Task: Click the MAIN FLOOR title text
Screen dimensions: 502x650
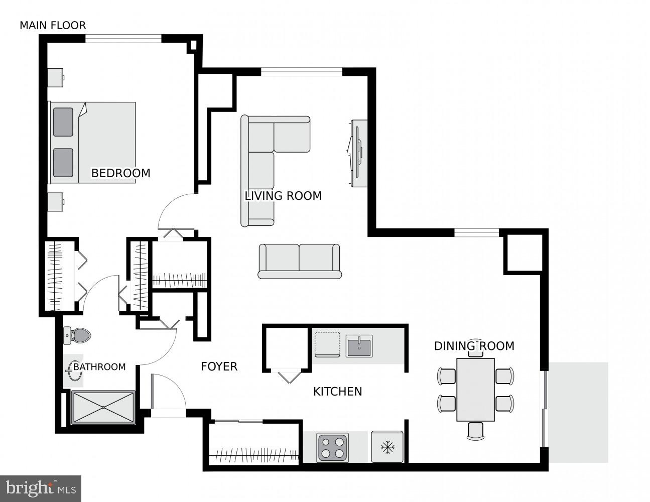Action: click(x=53, y=25)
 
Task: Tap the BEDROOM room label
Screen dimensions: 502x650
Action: click(x=120, y=173)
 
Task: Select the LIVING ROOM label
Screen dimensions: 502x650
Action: click(x=283, y=196)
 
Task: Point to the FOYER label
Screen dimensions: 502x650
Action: click(x=219, y=366)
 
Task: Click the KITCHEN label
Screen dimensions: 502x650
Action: click(x=337, y=392)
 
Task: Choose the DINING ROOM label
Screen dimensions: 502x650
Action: click(x=474, y=346)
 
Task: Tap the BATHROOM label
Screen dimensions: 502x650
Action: click(x=99, y=367)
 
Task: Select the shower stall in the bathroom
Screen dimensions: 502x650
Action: click(x=103, y=407)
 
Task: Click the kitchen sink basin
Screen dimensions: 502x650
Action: click(x=359, y=346)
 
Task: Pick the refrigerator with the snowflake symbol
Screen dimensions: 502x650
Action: click(x=387, y=447)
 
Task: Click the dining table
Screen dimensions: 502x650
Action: click(x=475, y=390)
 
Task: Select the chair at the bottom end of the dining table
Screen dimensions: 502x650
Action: click(x=475, y=431)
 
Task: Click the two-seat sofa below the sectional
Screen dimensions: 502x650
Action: click(x=300, y=261)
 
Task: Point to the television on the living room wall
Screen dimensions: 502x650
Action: click(x=358, y=154)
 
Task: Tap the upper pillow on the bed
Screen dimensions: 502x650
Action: click(x=63, y=122)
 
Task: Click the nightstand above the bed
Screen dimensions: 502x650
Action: click(x=55, y=77)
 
